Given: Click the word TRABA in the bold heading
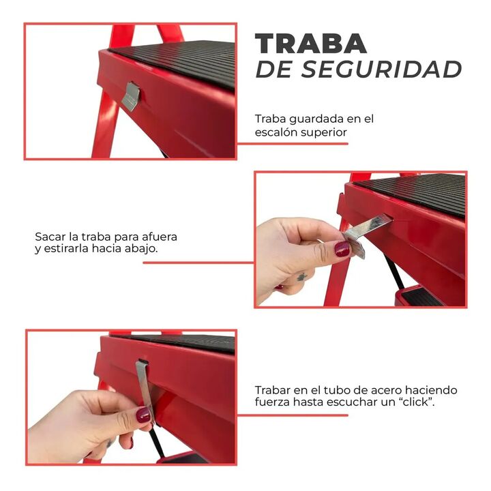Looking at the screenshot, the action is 311,43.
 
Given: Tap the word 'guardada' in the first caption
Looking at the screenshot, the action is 316,119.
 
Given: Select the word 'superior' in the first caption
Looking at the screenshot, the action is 324,133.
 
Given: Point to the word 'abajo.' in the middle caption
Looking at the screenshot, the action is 141,249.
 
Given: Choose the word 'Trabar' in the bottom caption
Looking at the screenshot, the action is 272,390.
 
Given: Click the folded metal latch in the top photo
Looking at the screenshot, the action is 130,96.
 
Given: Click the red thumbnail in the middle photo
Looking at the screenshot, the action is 342,249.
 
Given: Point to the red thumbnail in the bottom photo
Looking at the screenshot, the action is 143,415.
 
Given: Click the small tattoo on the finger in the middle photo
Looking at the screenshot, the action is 301,277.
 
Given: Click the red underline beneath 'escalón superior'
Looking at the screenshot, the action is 292,144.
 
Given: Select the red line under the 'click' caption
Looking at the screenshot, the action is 292,415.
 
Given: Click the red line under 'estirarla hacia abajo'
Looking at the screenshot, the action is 198,263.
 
